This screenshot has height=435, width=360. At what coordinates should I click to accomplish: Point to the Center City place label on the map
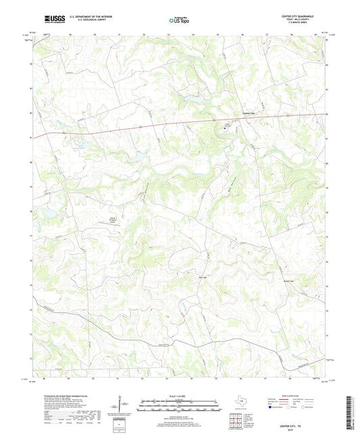click(251, 113)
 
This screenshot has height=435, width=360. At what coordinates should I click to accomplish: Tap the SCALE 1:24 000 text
click(179, 395)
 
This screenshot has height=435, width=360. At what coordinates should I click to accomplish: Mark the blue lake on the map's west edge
click(49, 213)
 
